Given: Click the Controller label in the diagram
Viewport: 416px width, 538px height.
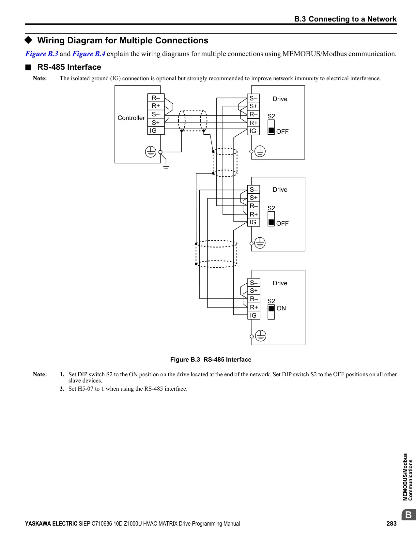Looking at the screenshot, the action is [131, 118].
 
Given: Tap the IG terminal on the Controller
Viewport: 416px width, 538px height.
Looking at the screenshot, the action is [156, 130].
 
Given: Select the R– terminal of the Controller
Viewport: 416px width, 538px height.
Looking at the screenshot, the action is [156, 98].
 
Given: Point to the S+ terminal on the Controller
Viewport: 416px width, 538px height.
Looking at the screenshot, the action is [156, 123].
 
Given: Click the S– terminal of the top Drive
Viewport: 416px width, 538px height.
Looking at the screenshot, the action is [253, 98].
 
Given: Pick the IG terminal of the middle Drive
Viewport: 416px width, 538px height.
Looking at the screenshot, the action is [254, 222].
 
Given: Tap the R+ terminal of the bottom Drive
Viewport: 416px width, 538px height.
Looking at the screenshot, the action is [254, 307].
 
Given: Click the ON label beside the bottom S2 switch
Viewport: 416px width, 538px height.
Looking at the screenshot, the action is [281, 308].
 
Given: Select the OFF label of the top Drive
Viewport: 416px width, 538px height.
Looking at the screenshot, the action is [283, 131].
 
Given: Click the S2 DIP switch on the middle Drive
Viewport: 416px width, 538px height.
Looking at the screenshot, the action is [271, 219].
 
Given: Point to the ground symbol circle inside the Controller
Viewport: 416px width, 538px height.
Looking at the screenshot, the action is [151, 152].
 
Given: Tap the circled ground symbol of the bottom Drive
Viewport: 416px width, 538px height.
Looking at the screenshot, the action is [261, 336].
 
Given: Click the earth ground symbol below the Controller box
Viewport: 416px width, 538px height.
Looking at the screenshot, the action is [166, 166].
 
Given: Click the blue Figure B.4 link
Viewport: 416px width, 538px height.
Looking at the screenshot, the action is [89, 54].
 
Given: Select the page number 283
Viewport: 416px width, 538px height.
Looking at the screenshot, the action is [392, 524].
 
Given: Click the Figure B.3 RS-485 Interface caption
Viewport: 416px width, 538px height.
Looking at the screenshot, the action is [210, 360].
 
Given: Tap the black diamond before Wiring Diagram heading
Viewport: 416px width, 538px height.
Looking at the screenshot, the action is [28, 40].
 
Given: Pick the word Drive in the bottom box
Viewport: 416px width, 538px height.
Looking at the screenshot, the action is [280, 283].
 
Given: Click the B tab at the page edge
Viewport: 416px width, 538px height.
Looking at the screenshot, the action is [408, 515].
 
